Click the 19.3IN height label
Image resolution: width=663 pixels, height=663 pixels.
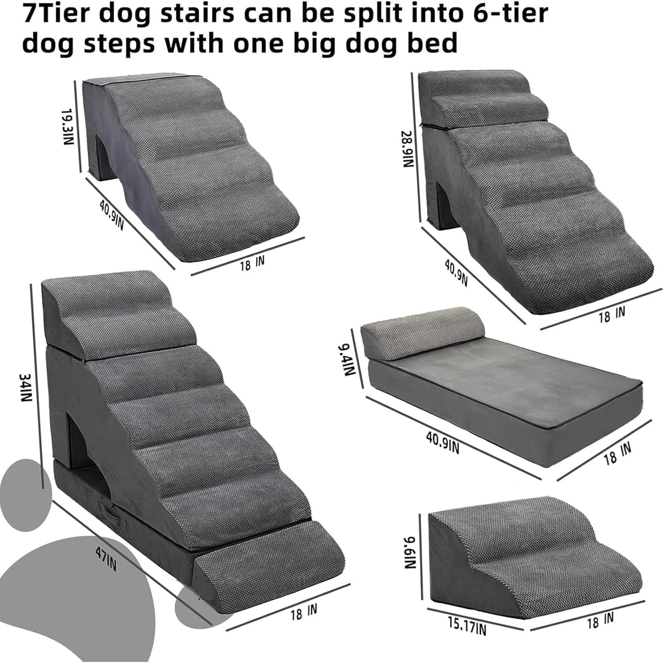(x=67, y=127)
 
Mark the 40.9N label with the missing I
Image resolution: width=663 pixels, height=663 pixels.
(x=456, y=273)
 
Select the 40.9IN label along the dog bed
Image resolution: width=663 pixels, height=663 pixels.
(x=442, y=442)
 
